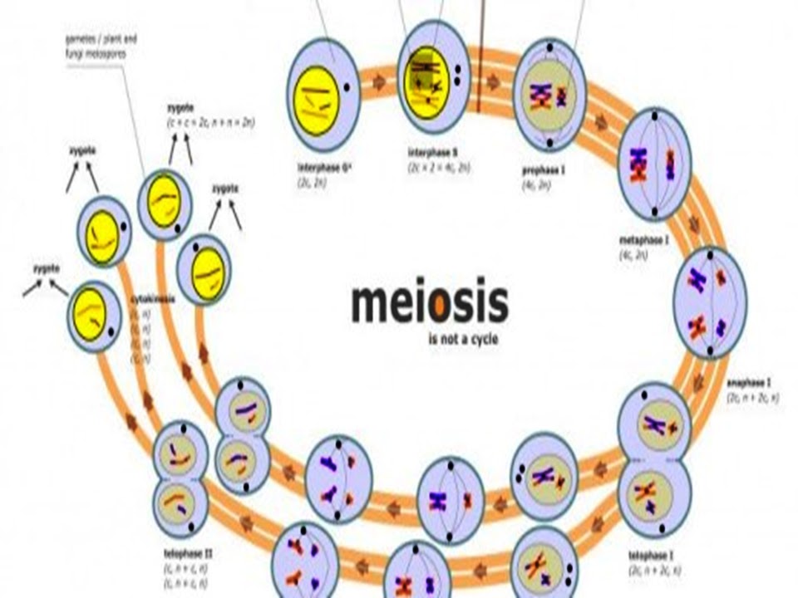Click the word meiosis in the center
pyautogui.click(x=429, y=304)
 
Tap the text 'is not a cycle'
pyautogui.click(x=463, y=338)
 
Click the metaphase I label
pyautogui.click(x=644, y=240)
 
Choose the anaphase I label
pyautogui.click(x=748, y=383)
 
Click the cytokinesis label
pyautogui.click(x=153, y=298)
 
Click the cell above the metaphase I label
pyautogui.click(x=654, y=164)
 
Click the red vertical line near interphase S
pyautogui.click(x=480, y=58)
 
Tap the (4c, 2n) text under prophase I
pyautogui.click(x=535, y=185)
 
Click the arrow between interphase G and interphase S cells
pyautogui.click(x=379, y=83)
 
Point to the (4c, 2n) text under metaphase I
pyautogui.click(x=633, y=254)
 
